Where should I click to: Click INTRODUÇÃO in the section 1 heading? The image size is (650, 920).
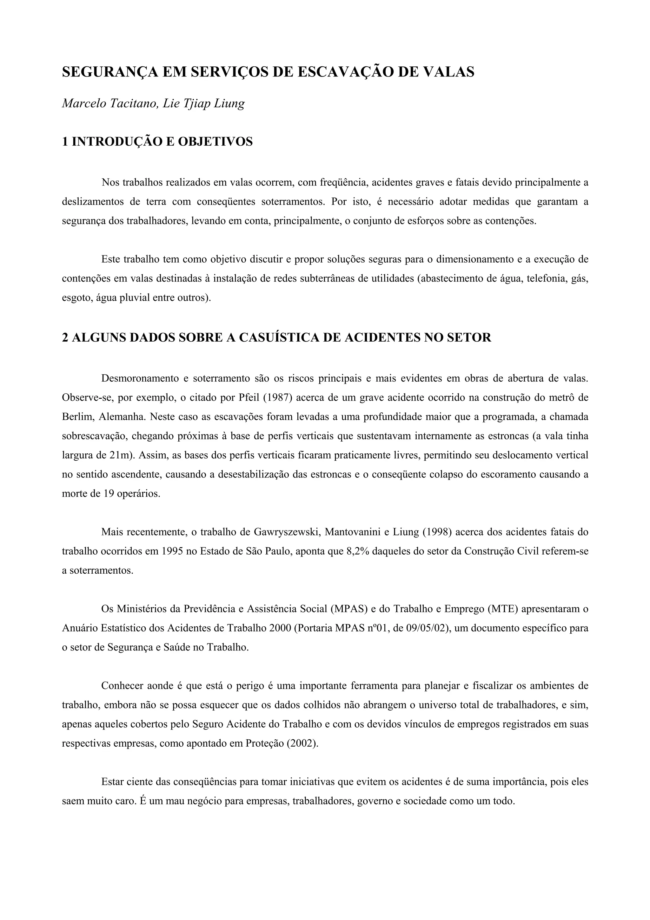[117, 142]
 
